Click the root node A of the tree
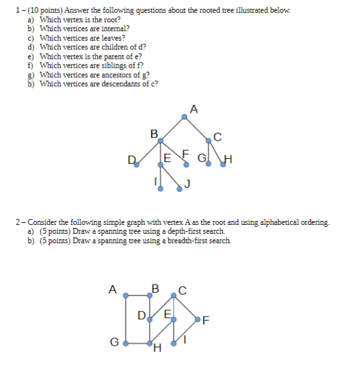tap(184, 117)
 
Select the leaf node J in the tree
tap(179, 189)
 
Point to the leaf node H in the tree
tap(222, 166)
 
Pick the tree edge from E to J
tap(170, 177)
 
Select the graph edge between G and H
tap(138, 345)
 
